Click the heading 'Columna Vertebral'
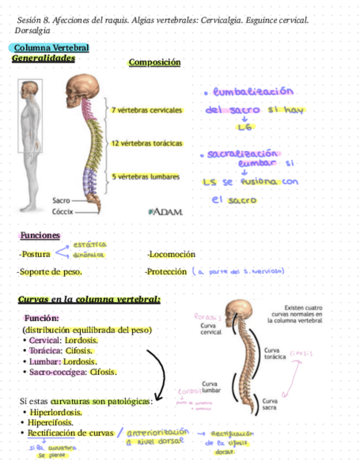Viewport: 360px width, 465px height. [51, 48]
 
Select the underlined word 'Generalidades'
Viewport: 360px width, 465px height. [43, 58]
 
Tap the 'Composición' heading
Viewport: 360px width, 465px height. [154, 63]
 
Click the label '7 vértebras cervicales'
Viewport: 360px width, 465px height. [147, 110]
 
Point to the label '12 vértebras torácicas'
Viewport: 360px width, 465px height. [147, 143]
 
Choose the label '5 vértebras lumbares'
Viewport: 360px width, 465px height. [145, 177]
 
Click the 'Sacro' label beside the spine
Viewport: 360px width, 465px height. [61, 201]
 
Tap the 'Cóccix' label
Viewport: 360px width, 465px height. [62, 212]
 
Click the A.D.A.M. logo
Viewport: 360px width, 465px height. [165, 211]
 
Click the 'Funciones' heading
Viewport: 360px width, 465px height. [40, 235]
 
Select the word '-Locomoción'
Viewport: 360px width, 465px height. [171, 254]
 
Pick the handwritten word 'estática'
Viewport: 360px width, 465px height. [90, 245]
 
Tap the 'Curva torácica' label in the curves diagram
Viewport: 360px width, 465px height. [274, 353]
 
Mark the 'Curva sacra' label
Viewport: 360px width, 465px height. [269, 404]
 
